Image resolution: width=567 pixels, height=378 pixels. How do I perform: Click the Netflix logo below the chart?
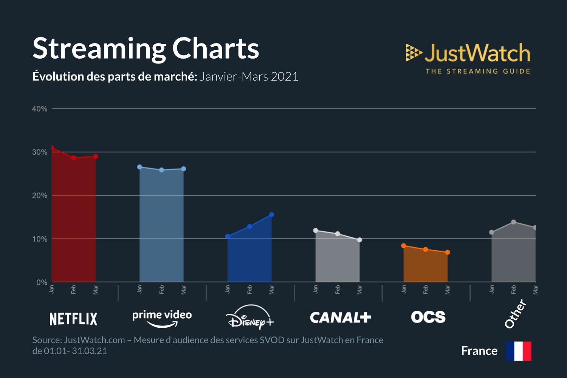coord(73,319)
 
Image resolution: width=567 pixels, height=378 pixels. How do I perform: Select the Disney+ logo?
coord(250,318)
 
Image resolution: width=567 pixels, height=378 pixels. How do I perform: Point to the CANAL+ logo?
coord(340,318)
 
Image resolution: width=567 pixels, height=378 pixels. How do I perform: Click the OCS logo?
coord(428,317)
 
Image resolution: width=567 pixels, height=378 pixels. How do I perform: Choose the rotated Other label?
coord(516,313)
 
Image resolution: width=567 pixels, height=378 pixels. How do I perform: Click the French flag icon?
coord(519,351)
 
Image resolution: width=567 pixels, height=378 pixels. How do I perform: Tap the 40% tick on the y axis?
coord(40,109)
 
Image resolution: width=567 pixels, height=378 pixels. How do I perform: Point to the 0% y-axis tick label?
coord(42,282)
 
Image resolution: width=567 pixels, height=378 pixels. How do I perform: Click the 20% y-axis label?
coord(40,195)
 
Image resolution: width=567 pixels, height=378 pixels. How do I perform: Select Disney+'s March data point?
coord(271,215)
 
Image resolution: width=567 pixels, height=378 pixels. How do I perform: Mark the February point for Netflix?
coord(74,158)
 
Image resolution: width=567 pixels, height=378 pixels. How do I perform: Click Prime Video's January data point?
coord(139,167)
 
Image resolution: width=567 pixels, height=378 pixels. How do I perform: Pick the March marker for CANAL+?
coord(359,240)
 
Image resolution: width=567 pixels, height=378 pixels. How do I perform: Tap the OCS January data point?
coord(404,246)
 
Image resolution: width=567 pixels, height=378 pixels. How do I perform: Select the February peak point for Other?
coord(514,222)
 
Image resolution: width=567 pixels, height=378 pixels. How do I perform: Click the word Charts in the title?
coord(215,48)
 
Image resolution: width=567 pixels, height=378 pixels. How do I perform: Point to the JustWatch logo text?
coord(477,53)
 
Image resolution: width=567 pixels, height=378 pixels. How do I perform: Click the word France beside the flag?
coord(479,351)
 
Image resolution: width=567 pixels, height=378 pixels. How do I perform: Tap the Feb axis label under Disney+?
coord(249,290)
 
